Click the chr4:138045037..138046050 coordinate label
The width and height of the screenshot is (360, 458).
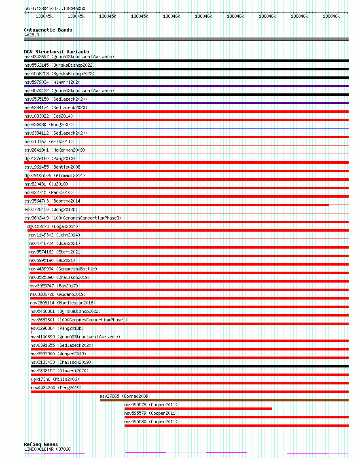(54, 8)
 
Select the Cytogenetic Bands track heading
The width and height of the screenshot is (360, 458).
(48, 30)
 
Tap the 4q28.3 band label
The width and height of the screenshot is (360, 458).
(32, 35)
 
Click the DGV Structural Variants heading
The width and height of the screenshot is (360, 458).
(56, 52)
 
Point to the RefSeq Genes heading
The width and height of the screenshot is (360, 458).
(41, 444)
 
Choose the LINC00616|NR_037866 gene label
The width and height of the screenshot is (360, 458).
(47, 449)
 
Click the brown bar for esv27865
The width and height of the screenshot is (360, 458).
(224, 400)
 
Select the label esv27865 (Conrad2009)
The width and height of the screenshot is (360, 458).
(125, 396)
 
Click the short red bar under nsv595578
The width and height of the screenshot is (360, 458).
(198, 409)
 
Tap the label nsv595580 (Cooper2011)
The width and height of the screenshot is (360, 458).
(151, 422)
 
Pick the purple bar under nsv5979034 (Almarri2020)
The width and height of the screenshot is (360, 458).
(186, 86)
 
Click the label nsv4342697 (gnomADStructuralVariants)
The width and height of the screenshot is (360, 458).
(69, 57)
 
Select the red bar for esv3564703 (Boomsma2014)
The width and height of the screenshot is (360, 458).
(188, 205)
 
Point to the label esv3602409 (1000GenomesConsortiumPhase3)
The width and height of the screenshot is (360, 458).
(73, 218)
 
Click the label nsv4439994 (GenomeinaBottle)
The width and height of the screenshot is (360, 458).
(63, 269)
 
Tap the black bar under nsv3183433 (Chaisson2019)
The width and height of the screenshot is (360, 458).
(189, 366)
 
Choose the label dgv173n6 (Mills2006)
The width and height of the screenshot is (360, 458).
(55, 379)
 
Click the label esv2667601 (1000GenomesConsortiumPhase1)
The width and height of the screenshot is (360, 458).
(79, 320)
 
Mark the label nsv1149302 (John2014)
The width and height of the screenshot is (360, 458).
(55, 235)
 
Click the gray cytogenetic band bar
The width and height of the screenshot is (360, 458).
(186, 39)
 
